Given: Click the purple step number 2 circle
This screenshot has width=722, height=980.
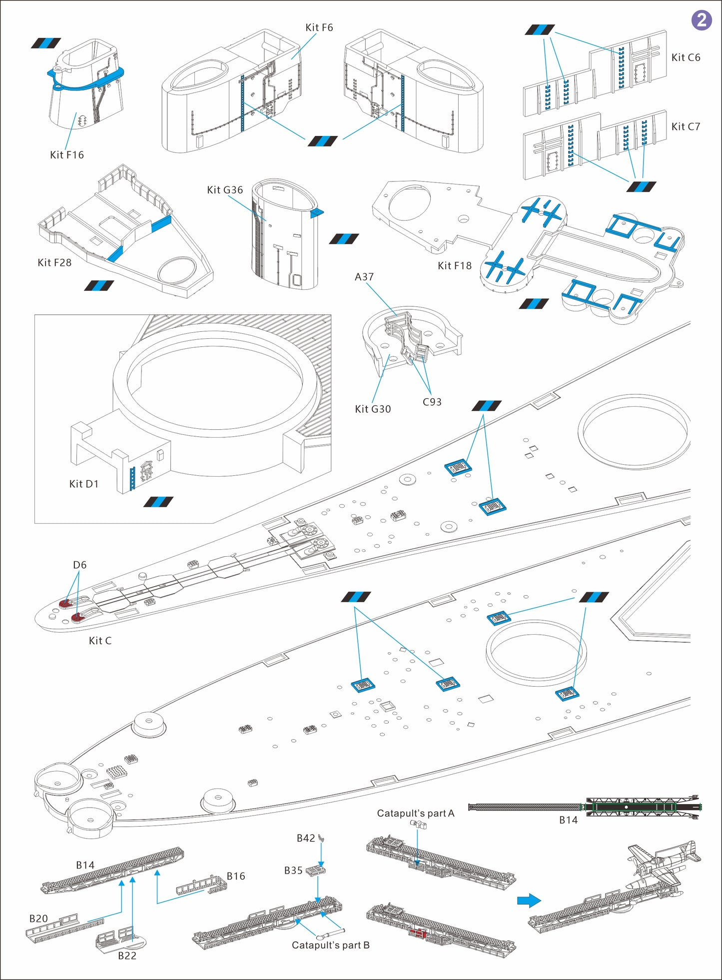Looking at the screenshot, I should tap(701, 20).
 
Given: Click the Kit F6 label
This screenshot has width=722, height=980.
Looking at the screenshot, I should tap(319, 27).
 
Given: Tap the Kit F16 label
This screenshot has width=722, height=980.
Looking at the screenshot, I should tap(66, 155).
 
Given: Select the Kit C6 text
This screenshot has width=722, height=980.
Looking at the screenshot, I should tap(686, 57).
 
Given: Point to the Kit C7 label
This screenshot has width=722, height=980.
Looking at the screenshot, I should tap(686, 126).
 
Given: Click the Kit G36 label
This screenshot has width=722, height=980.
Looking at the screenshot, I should tap(225, 190).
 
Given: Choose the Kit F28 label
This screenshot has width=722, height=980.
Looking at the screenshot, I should tap(54, 262).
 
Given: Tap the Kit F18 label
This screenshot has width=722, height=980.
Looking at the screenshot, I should tap(454, 265).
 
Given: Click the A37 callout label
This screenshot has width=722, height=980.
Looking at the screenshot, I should tap(364, 277).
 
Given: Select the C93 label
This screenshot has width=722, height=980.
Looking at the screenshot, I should tap(432, 402).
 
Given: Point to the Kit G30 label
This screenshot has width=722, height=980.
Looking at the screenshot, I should tap(373, 409).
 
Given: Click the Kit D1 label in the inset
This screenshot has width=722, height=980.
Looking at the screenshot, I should tap(84, 484).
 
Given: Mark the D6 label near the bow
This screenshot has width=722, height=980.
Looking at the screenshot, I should tap(79, 565).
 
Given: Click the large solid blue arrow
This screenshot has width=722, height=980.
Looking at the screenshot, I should tap(529, 901).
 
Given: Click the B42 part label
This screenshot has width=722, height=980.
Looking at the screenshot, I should tap(305, 838).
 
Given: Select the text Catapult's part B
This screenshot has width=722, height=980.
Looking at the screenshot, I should tap(330, 945).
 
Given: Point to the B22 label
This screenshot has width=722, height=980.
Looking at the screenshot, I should tap(127, 956).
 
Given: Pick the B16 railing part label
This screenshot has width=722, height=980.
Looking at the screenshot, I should tap(236, 876).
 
